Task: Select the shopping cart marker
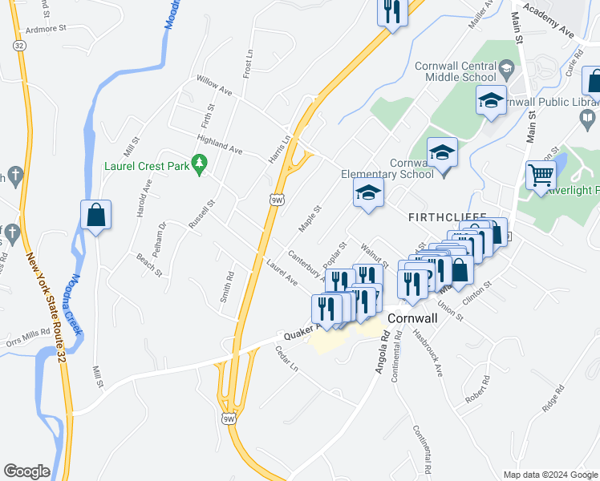(x=541, y=175)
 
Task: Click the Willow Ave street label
(x=214, y=86)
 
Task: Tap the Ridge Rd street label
(x=553, y=398)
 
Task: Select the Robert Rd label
(x=476, y=393)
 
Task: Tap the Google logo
(x=26, y=471)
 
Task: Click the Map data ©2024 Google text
(x=549, y=475)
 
